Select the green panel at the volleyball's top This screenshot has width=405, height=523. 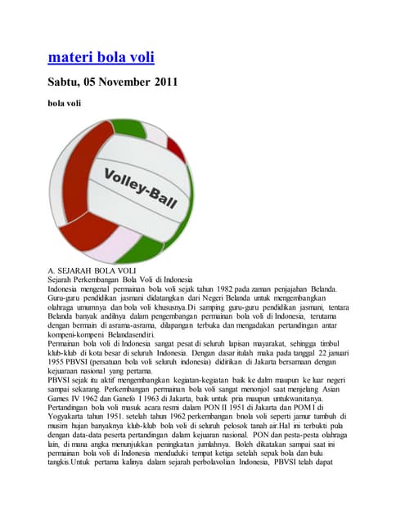click(155, 132)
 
